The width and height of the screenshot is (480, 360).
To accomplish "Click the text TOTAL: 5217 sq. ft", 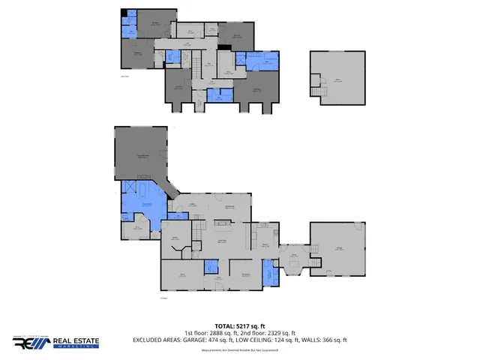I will (x=239, y=326).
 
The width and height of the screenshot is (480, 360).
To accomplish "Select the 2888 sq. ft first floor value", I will (x=226, y=333).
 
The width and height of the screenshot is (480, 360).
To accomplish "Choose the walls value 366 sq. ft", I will (x=333, y=340).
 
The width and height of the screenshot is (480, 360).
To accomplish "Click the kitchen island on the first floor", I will (x=221, y=223).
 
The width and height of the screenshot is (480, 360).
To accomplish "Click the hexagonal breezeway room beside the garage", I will (x=294, y=259).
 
